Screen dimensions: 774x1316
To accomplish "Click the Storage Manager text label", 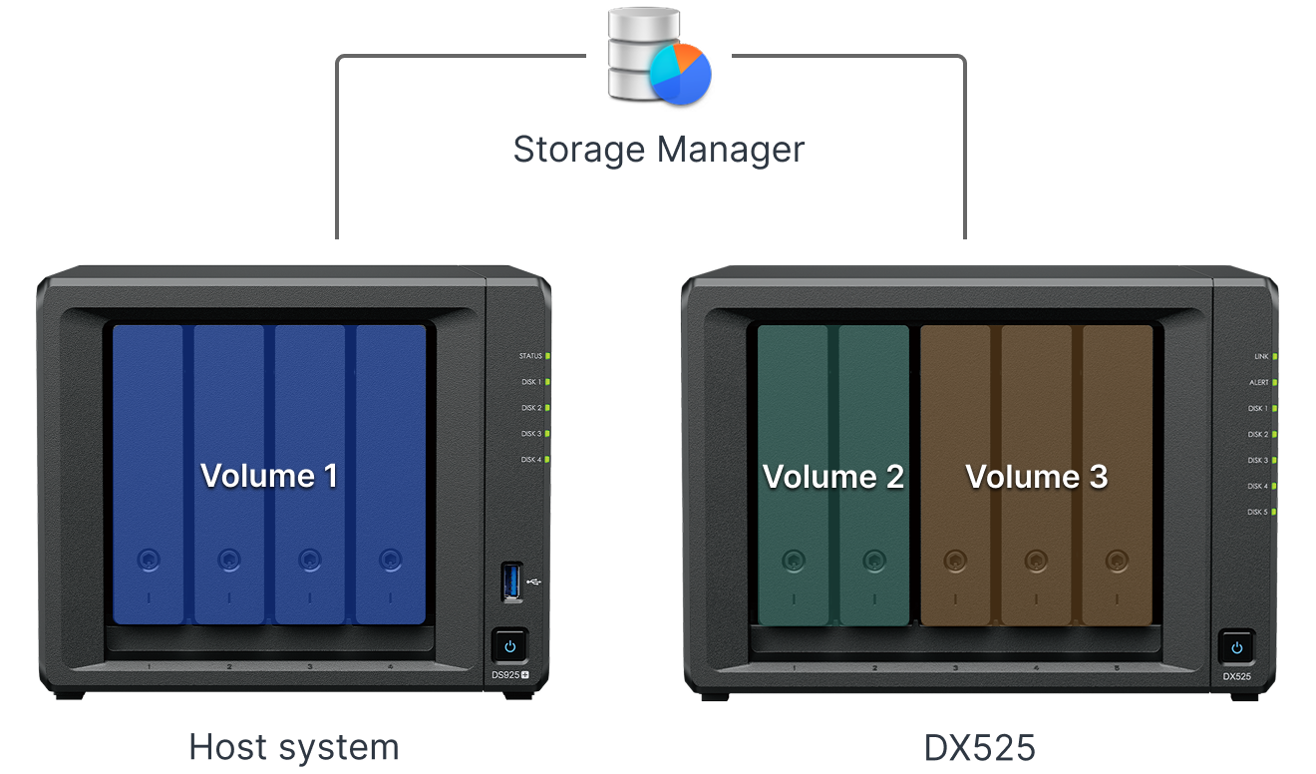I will tap(659, 150).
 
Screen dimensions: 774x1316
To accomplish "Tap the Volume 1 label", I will tap(269, 475).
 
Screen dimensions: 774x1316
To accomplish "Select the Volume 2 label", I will tap(833, 477).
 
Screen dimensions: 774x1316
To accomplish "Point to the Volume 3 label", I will tap(1037, 477).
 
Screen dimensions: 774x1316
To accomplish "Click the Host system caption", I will tap(294, 746).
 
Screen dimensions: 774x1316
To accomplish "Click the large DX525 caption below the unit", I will tap(978, 746).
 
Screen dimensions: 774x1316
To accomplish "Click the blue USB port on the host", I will tap(511, 581).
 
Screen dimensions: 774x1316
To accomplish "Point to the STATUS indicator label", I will tap(530, 356).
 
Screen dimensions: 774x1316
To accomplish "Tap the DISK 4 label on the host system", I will tap(530, 460).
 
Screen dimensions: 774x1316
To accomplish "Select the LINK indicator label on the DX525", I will tap(1261, 356).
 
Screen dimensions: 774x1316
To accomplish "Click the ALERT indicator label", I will tap(1259, 382).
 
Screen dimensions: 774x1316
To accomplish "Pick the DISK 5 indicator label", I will tap(1258, 512).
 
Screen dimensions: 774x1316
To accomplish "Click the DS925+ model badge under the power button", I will tap(509, 674).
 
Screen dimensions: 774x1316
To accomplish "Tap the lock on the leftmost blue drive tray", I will tap(148, 560).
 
